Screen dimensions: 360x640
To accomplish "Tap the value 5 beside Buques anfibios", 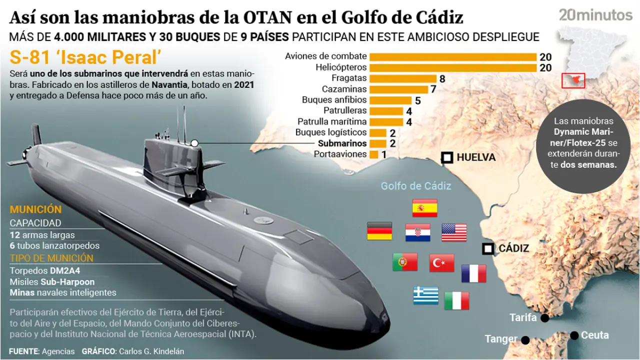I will [417, 100].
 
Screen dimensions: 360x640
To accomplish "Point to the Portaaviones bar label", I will [340, 154].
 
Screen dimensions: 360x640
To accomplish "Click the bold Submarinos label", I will [342, 143].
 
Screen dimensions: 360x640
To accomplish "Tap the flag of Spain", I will [425, 207].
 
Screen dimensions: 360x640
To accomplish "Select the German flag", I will [379, 231].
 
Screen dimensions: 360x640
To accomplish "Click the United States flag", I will [454, 232].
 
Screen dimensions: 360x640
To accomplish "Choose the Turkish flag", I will [441, 262].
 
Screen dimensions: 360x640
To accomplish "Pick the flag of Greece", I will [426, 295].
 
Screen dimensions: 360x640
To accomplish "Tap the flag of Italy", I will [456, 300].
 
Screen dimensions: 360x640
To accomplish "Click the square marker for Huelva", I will [447, 158].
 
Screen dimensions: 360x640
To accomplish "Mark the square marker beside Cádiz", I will [487, 248].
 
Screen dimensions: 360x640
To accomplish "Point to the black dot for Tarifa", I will [544, 318].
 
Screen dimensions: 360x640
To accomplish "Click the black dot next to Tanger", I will [525, 340].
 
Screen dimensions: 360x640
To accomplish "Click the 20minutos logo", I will [595, 15].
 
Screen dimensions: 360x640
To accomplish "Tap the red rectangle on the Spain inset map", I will [573, 80].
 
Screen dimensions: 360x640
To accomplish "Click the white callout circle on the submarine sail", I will [194, 143].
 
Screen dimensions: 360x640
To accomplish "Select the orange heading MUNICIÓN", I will [35, 210].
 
